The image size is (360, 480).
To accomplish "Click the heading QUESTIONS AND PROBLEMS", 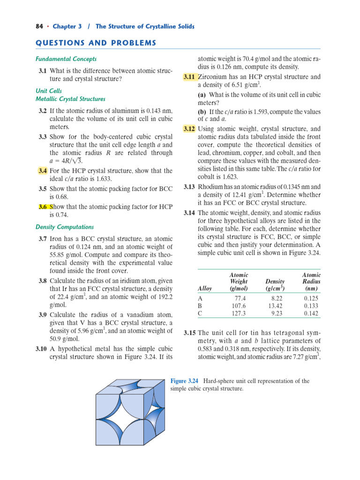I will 96,43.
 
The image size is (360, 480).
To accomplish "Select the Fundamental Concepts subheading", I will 66,59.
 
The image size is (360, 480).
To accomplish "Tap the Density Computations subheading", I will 65,227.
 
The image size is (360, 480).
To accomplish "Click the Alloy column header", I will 205,288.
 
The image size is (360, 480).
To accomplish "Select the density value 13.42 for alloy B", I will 275,305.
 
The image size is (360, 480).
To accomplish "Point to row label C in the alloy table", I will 201,313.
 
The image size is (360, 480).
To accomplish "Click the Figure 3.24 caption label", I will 184,381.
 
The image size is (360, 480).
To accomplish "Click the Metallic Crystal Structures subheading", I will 70,99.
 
